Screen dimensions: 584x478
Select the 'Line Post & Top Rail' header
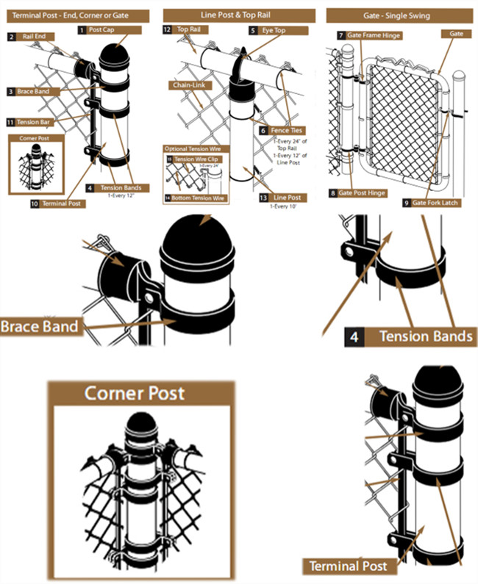[239, 15]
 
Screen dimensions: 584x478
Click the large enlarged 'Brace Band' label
[40, 325]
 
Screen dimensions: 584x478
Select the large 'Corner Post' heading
[135, 394]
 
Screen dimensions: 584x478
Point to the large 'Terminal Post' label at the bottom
[348, 566]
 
